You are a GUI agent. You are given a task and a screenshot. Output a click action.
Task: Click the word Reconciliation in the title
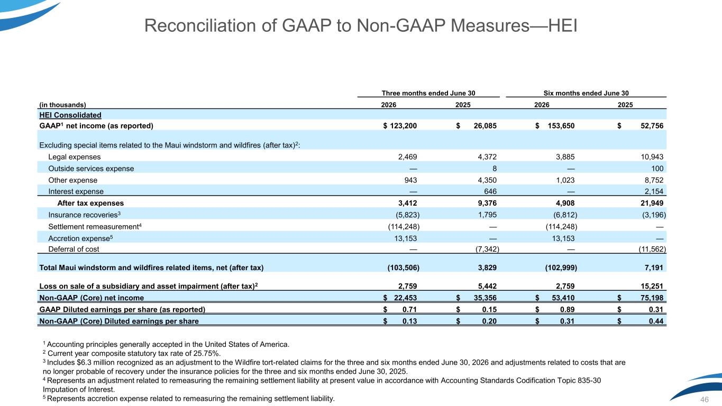pos(200,25)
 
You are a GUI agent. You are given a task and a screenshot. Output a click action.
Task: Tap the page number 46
pos(705,400)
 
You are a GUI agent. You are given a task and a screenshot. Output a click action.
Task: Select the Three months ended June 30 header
pos(428,93)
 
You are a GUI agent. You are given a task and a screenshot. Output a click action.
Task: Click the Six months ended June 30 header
pos(586,93)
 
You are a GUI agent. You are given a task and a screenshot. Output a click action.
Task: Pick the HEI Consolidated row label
pos(70,115)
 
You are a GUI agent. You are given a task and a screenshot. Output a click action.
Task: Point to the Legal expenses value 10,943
pos(652,157)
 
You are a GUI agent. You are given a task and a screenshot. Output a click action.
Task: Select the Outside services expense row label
pos(91,169)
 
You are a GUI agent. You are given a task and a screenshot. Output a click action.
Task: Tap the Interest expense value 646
pos(490,191)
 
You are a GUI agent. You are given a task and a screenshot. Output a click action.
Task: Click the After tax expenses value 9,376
pos(487,203)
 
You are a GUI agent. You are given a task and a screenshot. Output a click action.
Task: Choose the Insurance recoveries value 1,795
pos(487,215)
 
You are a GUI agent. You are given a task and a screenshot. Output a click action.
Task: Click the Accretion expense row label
pos(80,238)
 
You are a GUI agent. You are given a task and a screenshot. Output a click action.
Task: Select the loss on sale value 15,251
pos(652,286)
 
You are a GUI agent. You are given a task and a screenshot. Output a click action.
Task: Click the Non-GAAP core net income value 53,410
pos(563,298)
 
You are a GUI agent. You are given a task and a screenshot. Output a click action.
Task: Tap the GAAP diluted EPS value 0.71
pos(410,309)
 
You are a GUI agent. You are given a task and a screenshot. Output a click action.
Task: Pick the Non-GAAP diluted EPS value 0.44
pos(656,321)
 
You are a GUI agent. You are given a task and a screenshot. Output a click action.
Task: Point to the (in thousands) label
pos(62,105)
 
